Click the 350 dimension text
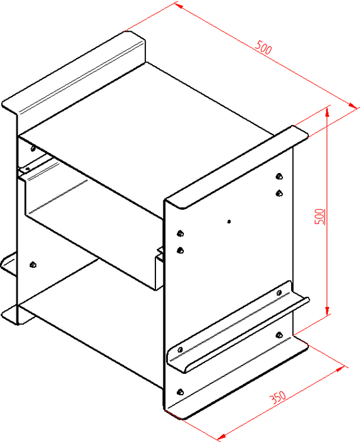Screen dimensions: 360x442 point(278,397)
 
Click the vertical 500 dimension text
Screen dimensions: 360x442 point(320,217)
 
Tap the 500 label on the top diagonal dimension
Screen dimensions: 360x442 point(263,47)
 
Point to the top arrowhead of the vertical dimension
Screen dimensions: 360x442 point(327,112)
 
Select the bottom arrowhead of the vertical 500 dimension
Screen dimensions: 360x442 point(327,311)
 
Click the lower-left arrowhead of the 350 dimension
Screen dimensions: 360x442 point(222,437)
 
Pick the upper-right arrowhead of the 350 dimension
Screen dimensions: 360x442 point(340,368)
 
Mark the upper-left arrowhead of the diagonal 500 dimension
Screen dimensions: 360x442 point(179,5)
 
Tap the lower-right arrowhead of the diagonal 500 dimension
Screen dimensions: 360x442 point(352,105)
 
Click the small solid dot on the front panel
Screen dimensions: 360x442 point(229,222)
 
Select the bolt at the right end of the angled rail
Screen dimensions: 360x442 point(279,292)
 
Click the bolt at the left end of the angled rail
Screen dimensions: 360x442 point(180,350)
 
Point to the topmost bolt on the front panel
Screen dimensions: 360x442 point(279,176)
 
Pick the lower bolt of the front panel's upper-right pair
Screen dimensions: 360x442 point(279,193)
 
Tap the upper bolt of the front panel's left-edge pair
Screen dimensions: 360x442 point(180,234)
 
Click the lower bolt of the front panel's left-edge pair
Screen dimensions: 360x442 point(180,250)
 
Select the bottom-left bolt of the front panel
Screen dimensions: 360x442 point(180,392)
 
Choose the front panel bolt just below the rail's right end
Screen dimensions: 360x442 point(279,335)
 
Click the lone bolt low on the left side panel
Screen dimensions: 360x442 point(33,265)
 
